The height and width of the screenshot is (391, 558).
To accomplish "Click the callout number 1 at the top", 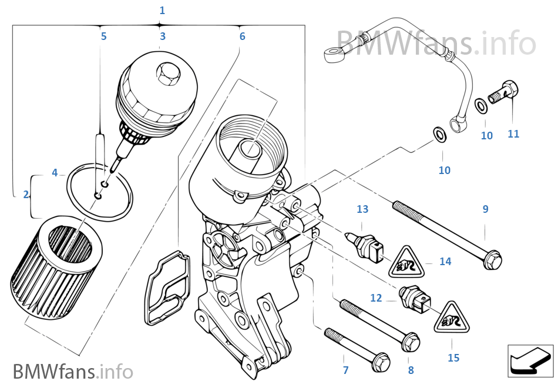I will [x=162, y=11].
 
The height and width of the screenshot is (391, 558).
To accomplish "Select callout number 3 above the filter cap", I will [x=163, y=36].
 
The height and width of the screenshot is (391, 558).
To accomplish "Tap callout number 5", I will [x=104, y=36].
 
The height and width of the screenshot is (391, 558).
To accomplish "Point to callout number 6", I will [x=242, y=36].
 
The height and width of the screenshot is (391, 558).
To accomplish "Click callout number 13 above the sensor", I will [x=362, y=209].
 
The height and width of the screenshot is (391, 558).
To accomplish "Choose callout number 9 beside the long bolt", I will [x=485, y=209].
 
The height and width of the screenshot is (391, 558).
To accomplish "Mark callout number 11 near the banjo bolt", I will [x=513, y=134].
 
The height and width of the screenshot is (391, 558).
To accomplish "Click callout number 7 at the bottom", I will [x=345, y=370].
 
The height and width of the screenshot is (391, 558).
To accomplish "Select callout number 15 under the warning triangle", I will [x=453, y=357].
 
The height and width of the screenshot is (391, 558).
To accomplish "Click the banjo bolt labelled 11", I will [x=505, y=93].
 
